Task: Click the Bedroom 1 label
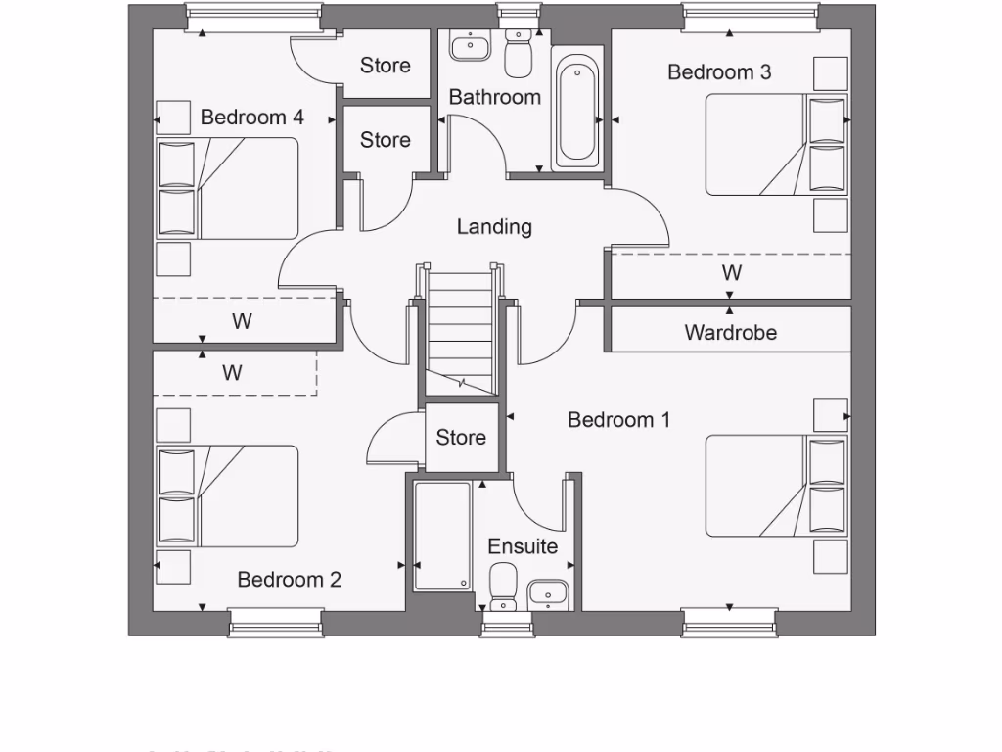coord(618,420)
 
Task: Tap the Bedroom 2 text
coord(289,580)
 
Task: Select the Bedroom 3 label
coord(719,71)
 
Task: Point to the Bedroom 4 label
coord(251,117)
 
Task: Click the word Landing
coord(494,227)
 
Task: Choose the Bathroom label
coord(494,97)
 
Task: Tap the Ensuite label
coord(523,546)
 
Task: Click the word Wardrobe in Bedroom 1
coord(730,333)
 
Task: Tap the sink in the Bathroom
coord(472,45)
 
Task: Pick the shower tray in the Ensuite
coord(441,536)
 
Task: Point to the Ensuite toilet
coord(503,585)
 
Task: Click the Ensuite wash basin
coord(548,593)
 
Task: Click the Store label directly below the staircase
coord(461,438)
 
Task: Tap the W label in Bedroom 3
coord(731,272)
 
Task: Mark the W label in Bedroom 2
coord(232,373)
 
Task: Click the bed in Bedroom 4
coord(227,188)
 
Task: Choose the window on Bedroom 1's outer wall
coord(730,621)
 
